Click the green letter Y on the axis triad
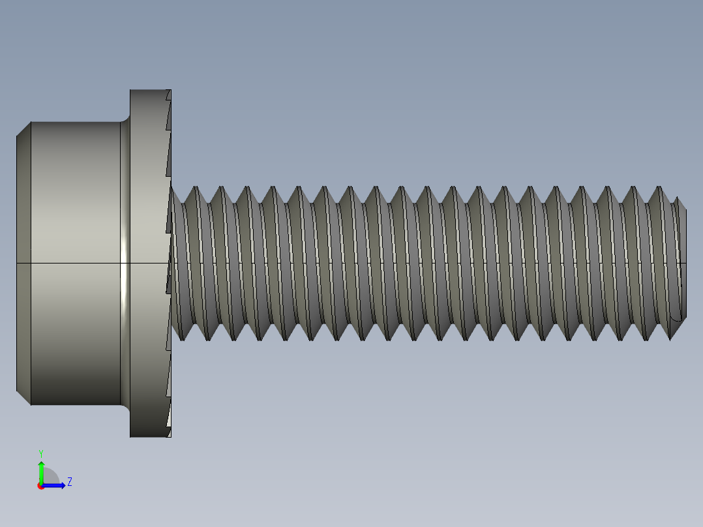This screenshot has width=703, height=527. tap(40, 453)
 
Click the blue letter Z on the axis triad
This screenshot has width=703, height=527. tap(69, 482)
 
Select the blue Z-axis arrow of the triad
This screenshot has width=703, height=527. tap(56, 485)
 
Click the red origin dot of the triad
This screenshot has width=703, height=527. tap(40, 486)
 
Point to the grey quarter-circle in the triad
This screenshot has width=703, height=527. tap(50, 477)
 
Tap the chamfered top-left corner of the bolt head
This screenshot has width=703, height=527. tap(23, 129)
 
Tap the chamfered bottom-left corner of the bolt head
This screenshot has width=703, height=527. tap(23, 397)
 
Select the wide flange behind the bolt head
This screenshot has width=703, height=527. tap(147, 261)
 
